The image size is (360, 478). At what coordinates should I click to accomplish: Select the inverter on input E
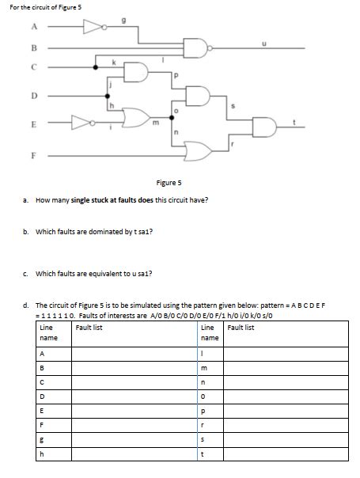(83, 123)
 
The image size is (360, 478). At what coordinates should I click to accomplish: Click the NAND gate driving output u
(197, 47)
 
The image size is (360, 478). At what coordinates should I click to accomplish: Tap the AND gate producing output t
(264, 127)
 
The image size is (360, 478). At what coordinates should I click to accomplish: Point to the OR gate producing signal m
(136, 117)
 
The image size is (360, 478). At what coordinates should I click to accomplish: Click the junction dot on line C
(96, 67)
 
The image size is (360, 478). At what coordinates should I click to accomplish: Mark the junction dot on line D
(108, 96)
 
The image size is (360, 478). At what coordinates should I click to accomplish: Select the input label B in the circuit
(34, 47)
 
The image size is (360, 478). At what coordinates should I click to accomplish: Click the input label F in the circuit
(33, 155)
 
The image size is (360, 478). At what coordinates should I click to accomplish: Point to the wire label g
(123, 21)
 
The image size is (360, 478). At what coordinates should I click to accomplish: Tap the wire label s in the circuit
(233, 106)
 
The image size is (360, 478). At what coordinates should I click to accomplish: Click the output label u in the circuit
(264, 44)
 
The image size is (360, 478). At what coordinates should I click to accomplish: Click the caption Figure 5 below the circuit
(169, 183)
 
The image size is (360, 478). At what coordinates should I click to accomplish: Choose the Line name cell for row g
(54, 440)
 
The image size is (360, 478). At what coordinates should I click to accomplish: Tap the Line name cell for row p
(210, 412)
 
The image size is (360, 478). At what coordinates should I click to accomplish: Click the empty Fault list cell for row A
(135, 354)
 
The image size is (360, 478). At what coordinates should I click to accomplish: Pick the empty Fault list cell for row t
(286, 454)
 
